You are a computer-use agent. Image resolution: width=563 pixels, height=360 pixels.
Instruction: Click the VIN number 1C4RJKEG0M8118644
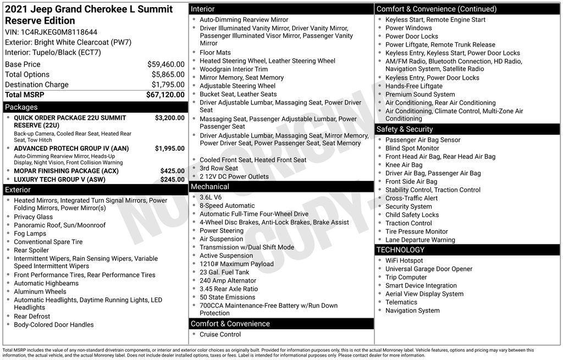(x=59, y=32)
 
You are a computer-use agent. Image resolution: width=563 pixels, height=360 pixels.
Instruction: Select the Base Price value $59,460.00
(x=165, y=64)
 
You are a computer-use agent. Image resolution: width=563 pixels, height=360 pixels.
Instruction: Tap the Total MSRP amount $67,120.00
(x=165, y=95)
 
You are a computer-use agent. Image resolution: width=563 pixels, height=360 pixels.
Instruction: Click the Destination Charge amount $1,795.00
(x=168, y=85)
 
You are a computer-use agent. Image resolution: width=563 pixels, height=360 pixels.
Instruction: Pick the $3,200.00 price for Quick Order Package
(x=169, y=118)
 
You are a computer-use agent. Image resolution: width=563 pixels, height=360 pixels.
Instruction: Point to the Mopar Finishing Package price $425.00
(x=172, y=171)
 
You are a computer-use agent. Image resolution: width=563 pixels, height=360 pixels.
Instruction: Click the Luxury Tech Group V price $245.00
(x=172, y=179)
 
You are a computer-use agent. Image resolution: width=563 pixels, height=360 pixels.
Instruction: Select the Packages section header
(x=21, y=107)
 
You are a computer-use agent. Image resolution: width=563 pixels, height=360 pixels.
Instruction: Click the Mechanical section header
(x=210, y=187)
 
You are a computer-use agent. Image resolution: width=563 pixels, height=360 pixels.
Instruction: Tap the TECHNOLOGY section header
(x=400, y=250)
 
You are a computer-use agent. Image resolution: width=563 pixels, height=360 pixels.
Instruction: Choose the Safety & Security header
(x=405, y=129)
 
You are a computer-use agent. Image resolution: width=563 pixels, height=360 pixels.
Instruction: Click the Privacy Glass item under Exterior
(x=34, y=217)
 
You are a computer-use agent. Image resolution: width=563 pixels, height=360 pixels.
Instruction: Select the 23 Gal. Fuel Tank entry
(x=224, y=272)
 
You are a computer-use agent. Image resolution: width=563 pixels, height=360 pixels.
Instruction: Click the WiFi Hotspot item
(x=404, y=261)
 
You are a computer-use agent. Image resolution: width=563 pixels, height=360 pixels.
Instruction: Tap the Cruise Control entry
(x=220, y=334)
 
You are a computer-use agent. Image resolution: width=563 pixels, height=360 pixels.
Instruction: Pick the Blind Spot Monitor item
(x=412, y=148)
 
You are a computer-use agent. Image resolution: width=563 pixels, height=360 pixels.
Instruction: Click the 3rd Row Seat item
(x=219, y=168)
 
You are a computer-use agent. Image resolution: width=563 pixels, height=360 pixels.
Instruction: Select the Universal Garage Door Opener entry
(x=429, y=269)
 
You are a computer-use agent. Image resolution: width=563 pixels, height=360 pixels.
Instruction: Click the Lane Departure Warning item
(x=420, y=240)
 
